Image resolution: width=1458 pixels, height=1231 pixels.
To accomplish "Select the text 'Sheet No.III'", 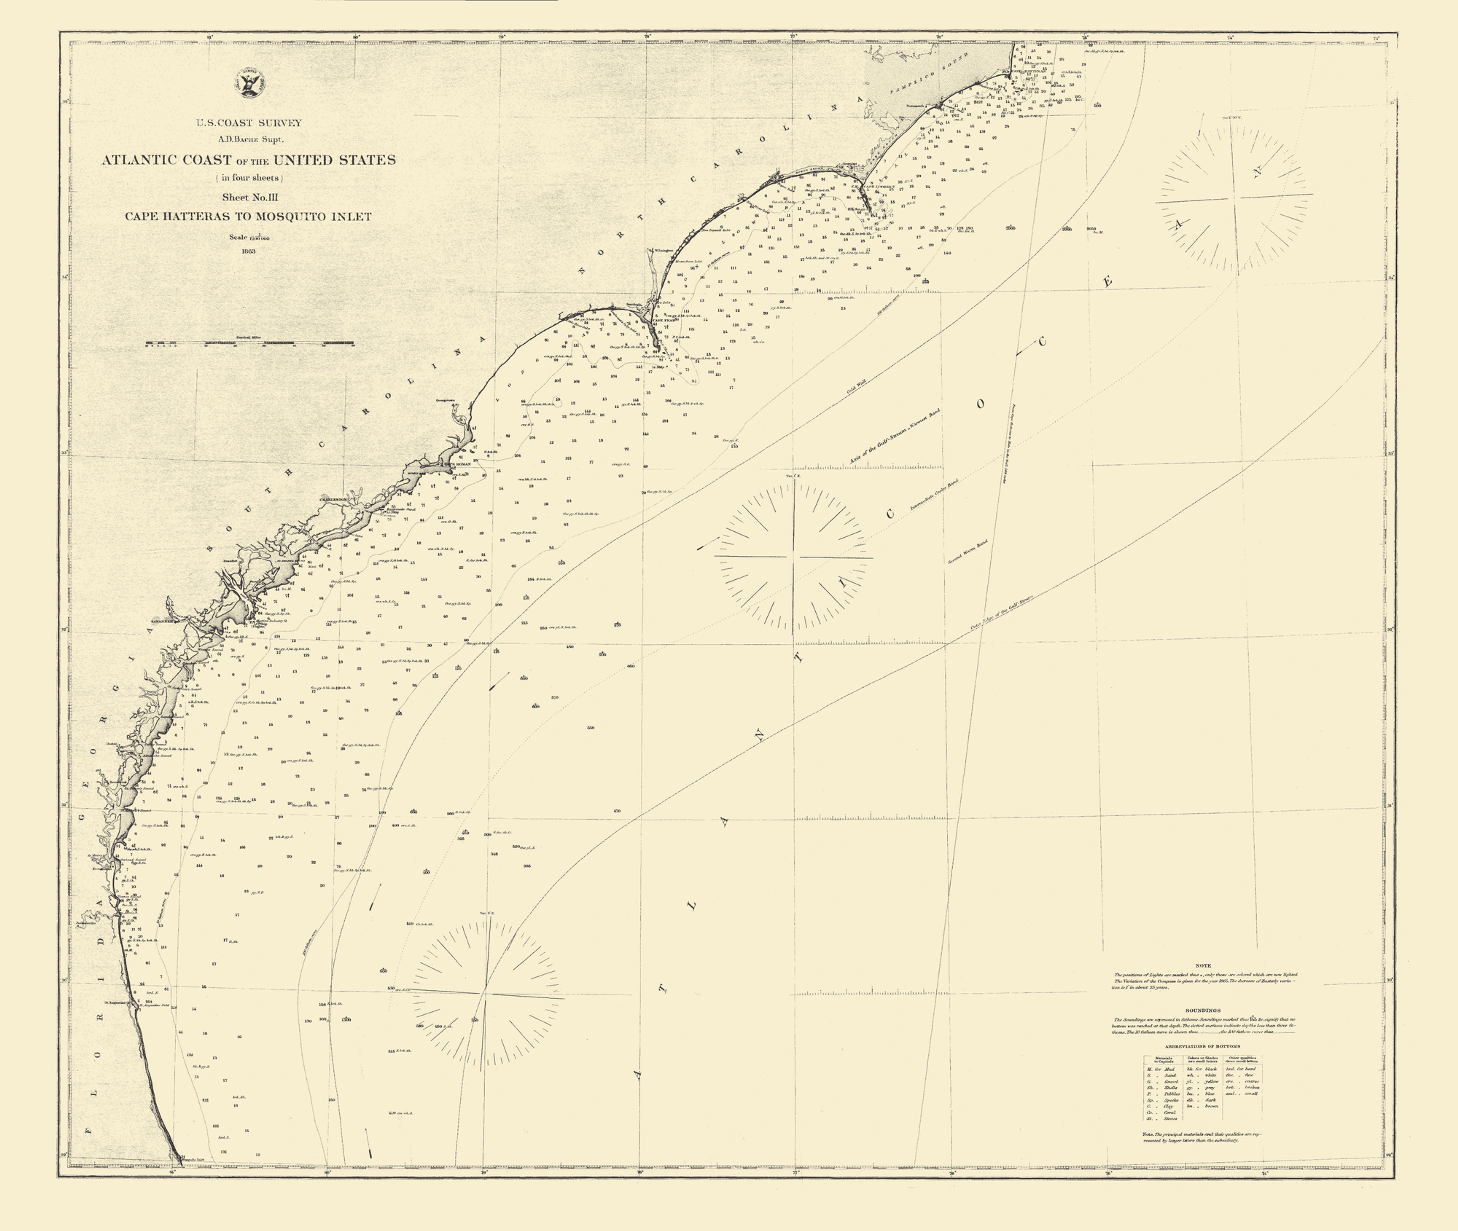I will click(x=249, y=197).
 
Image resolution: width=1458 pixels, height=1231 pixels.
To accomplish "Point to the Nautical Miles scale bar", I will click(x=249, y=343).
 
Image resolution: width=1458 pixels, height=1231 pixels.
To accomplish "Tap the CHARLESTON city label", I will click(x=334, y=500).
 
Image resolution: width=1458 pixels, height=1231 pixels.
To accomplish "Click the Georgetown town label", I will click(x=445, y=401).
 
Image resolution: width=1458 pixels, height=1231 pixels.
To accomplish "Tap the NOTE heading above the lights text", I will click(x=1202, y=966).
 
